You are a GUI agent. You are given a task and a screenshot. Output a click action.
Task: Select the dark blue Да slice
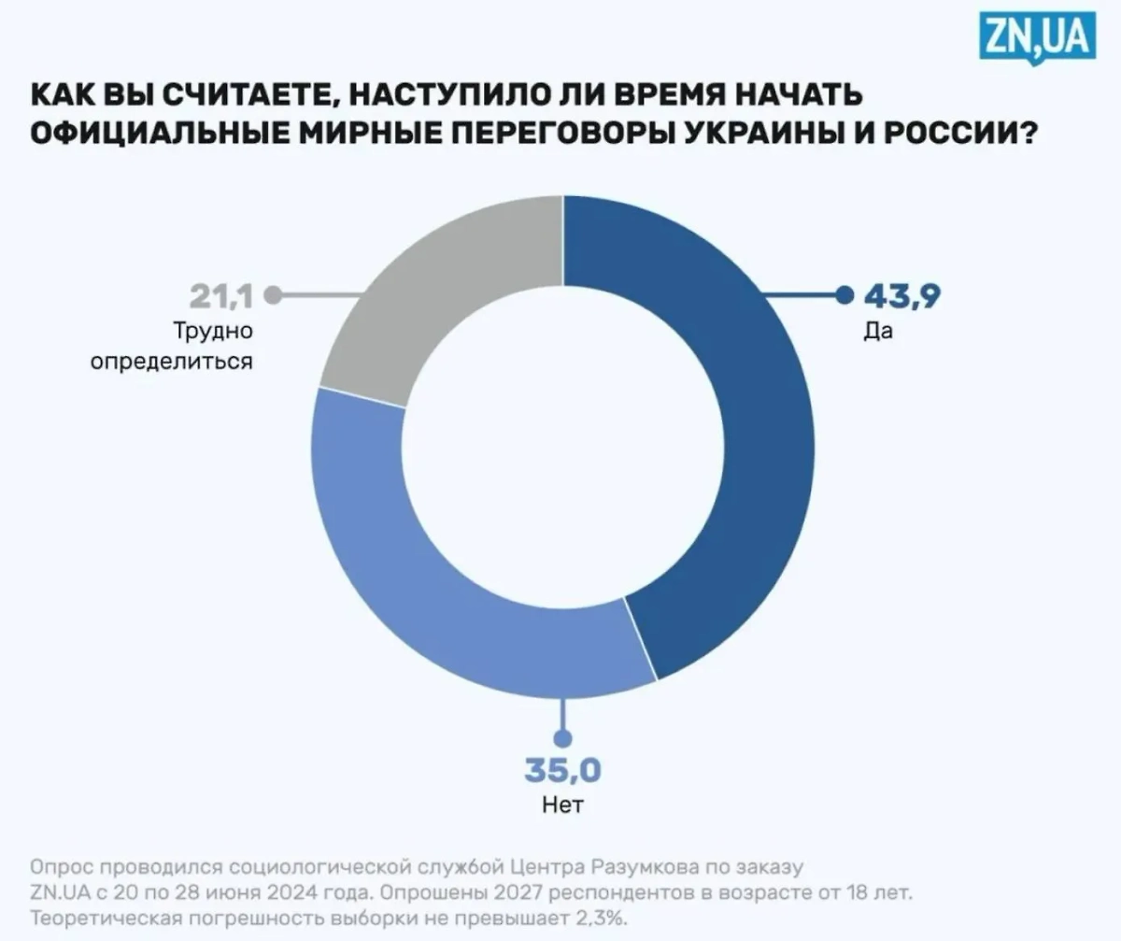coord(747,421)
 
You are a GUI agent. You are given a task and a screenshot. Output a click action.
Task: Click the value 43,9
coord(901,296)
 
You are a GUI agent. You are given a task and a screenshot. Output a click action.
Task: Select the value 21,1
coord(222,296)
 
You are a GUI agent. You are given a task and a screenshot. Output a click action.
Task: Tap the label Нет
coord(562,805)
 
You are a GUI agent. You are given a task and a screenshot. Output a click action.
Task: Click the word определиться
coord(172,360)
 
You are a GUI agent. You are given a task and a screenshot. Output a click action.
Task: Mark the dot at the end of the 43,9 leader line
coord(844,296)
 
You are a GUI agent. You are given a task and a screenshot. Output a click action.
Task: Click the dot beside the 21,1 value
coord(273,296)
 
